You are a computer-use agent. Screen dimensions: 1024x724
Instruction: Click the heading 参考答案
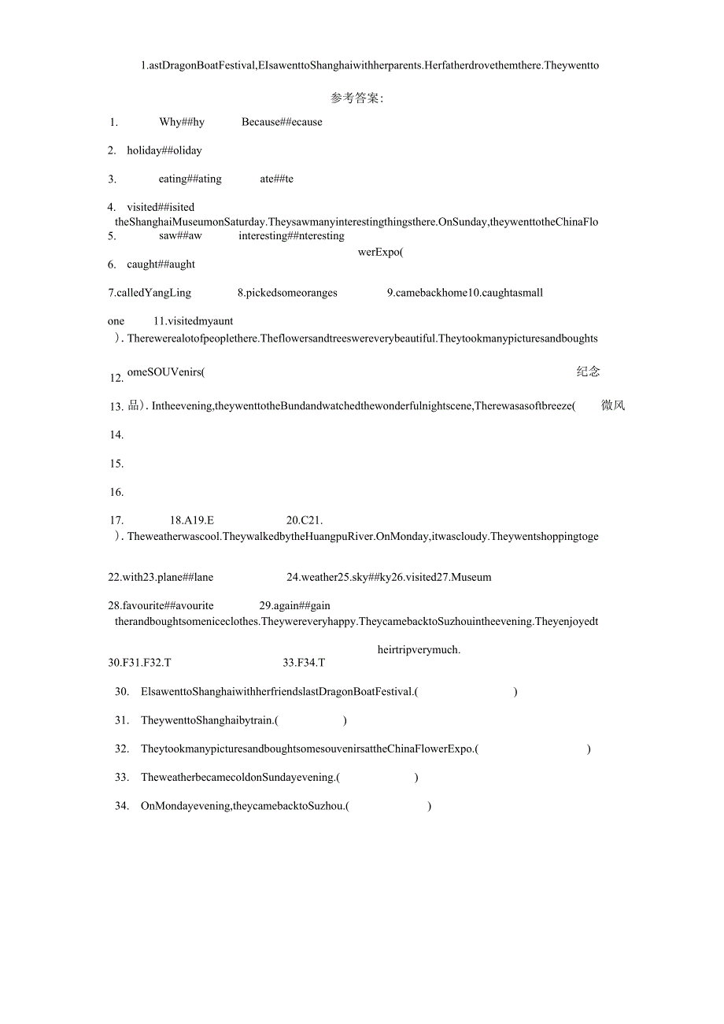(x=356, y=98)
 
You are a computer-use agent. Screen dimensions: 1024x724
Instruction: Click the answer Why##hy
(x=182, y=122)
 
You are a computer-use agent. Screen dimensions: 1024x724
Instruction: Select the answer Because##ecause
(x=282, y=122)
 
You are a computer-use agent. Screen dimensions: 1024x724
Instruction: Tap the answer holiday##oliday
(x=164, y=150)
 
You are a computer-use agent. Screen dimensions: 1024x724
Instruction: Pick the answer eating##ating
(x=190, y=179)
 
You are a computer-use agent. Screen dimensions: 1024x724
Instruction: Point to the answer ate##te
(x=276, y=179)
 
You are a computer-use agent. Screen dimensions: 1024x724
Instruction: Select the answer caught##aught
(x=161, y=264)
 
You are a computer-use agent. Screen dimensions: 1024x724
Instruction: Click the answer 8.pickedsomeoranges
(x=287, y=293)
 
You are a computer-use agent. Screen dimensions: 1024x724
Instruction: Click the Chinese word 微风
(x=612, y=406)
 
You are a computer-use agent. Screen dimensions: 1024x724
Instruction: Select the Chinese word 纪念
(x=588, y=372)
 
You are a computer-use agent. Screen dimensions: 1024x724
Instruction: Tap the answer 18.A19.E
(x=192, y=520)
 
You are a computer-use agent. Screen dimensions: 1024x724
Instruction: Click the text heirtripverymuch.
(x=419, y=649)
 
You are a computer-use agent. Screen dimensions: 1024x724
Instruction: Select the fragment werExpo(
(x=380, y=252)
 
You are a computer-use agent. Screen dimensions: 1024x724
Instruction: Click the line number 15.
(x=116, y=464)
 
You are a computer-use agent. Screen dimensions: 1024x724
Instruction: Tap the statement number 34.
(x=122, y=805)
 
